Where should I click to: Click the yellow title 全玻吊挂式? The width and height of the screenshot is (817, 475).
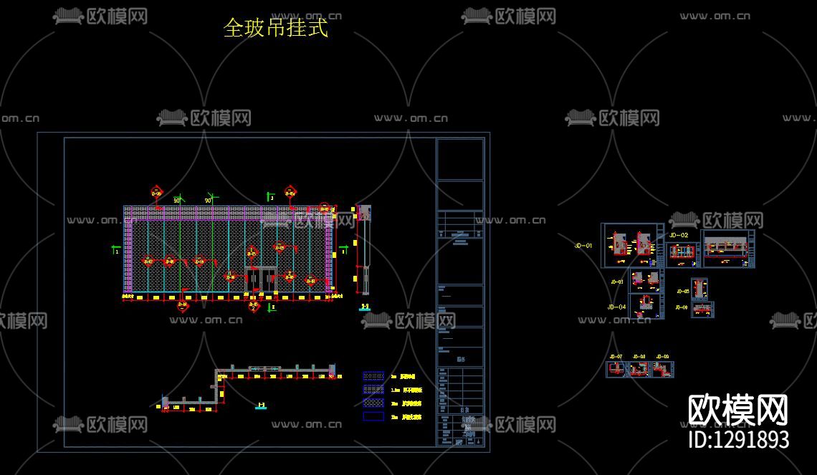coord(276,29)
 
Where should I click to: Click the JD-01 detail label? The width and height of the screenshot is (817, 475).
coord(584,246)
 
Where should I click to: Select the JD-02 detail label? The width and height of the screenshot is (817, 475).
coord(678,235)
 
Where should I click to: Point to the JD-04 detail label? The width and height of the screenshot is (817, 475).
coord(616,307)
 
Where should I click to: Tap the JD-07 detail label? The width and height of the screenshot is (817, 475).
coord(615,356)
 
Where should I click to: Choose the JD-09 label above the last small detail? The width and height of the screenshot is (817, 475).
coord(662,356)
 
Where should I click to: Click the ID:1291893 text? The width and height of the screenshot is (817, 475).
coord(738,439)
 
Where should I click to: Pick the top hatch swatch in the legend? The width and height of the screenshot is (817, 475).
coord(373,376)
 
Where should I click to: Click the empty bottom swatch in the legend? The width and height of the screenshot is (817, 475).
coord(373,416)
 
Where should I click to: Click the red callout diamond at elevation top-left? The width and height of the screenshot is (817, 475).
coord(156,191)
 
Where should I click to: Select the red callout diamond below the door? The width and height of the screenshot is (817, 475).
coord(254,307)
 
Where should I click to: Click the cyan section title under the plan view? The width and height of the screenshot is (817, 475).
coord(261,406)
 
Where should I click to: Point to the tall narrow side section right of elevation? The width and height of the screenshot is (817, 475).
coord(365,251)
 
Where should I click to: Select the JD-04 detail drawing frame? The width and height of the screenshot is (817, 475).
coord(646,305)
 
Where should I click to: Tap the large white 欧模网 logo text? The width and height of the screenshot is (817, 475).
coord(738,411)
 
